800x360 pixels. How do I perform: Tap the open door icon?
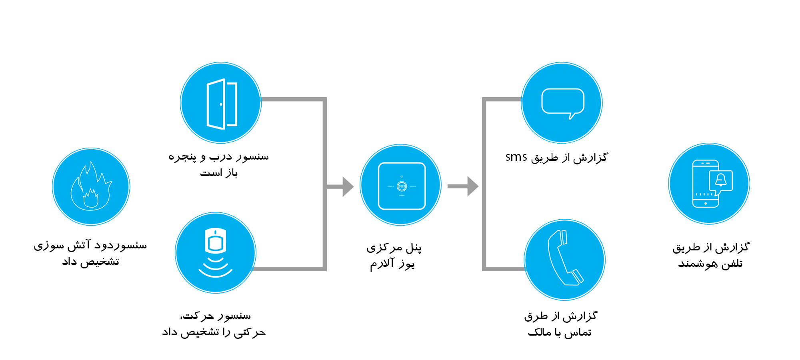click(x=222, y=104)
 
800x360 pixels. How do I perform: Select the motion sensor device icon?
click(x=216, y=241)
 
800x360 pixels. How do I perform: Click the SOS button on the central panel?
click(x=402, y=186)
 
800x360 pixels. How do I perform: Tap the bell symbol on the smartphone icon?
click(x=721, y=180)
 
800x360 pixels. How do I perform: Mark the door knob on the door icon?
click(x=221, y=104)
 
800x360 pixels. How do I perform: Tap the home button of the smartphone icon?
click(x=706, y=204)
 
